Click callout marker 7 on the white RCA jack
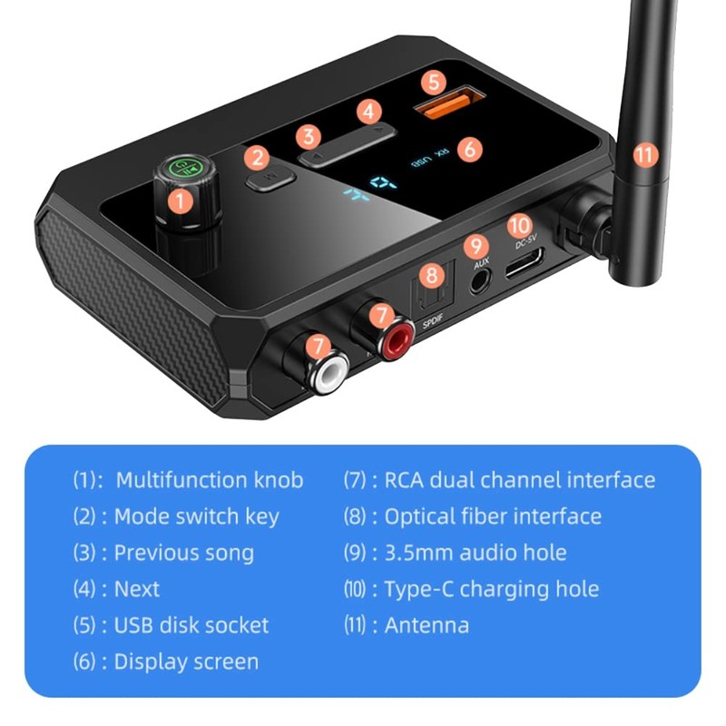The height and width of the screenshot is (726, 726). tap(317, 346)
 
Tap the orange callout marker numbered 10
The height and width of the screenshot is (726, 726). tap(518, 225)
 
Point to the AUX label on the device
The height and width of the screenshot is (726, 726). tap(481, 264)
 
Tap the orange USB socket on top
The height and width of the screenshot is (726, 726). tap(439, 106)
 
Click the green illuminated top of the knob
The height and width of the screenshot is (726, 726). tap(185, 166)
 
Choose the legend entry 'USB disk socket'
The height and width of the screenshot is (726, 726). tap(191, 625)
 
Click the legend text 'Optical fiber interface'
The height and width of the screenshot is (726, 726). tap(493, 516)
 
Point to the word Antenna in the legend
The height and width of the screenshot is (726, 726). tap(427, 625)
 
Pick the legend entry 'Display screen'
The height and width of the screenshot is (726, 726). tap(186, 662)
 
